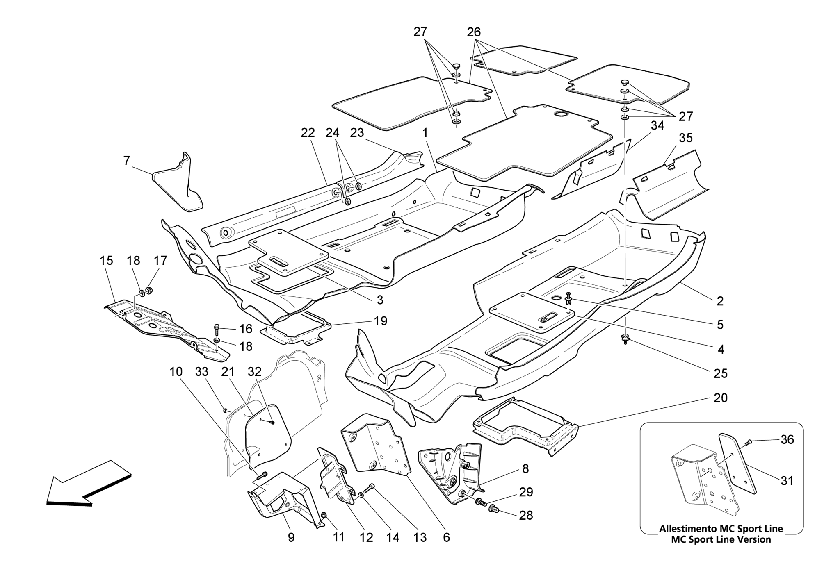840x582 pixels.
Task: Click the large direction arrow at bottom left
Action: coord(88,484)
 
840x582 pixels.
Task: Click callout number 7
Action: coord(127,161)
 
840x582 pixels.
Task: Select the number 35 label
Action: coord(685,138)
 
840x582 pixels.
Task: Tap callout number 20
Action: coord(720,398)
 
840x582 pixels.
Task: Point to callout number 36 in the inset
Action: coord(787,439)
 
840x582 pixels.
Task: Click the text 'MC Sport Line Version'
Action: coord(721,539)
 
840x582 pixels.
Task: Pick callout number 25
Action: coord(721,373)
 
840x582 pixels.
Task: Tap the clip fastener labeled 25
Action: coord(625,338)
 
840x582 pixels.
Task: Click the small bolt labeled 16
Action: coord(217,328)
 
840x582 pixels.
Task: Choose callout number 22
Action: coord(308,133)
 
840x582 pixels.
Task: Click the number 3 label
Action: coord(380,300)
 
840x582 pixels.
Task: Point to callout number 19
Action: coord(381,321)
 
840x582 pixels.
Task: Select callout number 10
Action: coord(176,372)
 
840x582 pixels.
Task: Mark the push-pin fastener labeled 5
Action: coord(569,298)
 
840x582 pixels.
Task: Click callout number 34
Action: coord(657,126)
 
